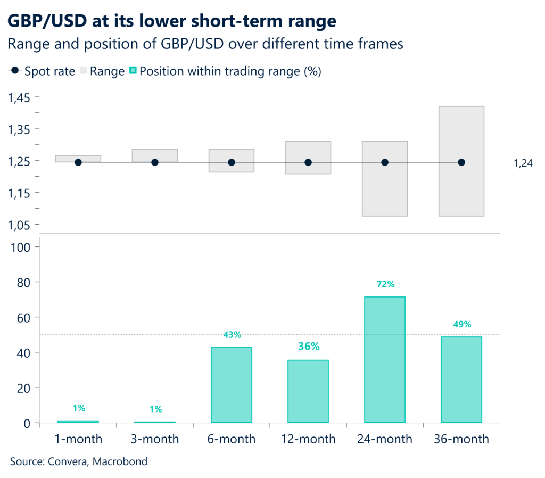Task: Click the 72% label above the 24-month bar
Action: tap(385, 284)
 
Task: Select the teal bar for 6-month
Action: tap(232, 385)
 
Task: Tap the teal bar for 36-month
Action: tap(461, 380)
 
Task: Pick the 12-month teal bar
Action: tap(308, 391)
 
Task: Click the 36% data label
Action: tap(308, 347)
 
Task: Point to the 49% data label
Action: tap(461, 324)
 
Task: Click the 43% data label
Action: tap(232, 335)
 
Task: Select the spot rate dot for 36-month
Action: tap(461, 162)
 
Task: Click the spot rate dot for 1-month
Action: tap(78, 162)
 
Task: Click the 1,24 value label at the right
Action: tap(523, 164)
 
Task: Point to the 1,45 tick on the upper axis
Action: tap(19, 97)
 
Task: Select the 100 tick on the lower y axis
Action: tap(23, 247)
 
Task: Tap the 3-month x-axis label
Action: tap(155, 439)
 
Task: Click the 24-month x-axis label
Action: tap(385, 439)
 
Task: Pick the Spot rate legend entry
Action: tap(43, 71)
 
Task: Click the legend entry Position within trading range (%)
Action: tap(229, 71)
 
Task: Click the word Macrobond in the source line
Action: tap(120, 461)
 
